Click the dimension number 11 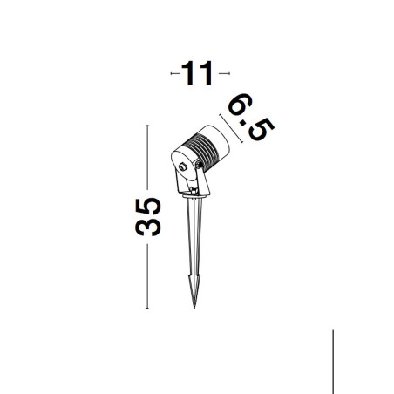197,73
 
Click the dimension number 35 148,217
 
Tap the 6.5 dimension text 251,118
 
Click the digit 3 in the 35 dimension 148,227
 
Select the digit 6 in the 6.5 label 241,105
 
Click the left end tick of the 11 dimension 171,73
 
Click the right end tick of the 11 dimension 229,73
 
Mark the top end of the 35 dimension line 147,126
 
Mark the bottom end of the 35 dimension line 147,308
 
